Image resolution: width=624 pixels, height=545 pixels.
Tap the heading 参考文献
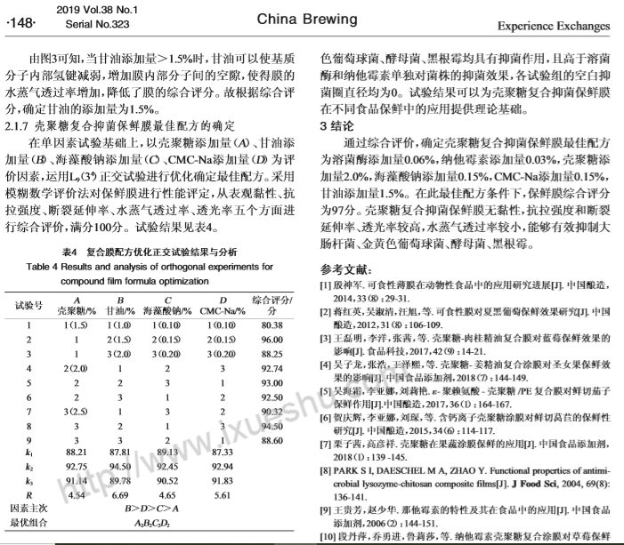(348, 268)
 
